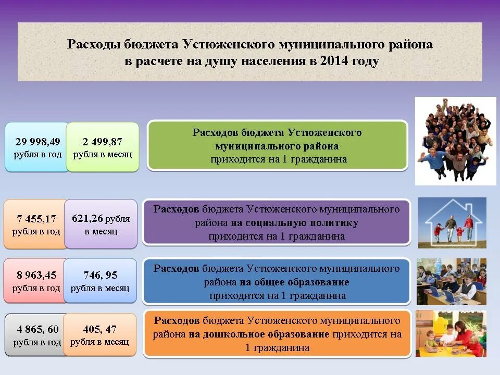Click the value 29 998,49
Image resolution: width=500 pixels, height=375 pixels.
coord(37,142)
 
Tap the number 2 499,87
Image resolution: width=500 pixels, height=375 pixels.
coord(103,142)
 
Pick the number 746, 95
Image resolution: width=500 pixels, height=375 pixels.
coord(100,276)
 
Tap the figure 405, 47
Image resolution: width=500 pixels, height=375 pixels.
coord(99,329)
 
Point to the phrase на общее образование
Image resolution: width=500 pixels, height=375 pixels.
coord(294,282)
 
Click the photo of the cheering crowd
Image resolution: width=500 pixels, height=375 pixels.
coord(455,140)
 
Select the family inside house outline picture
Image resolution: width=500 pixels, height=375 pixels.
coord(452,222)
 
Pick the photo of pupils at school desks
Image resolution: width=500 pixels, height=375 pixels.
coord(451,281)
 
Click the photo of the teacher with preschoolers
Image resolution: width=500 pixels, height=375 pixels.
coord(451,333)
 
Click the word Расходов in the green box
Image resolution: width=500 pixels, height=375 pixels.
coord(215,132)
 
